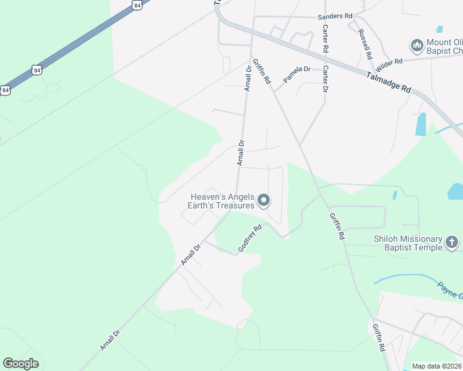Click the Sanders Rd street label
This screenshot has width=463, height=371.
335,16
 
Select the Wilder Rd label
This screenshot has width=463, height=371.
389,61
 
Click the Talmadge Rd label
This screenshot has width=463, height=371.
389,81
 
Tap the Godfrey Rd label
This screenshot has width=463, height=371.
250,238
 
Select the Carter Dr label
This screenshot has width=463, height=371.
324,80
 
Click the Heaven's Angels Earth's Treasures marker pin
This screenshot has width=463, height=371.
264,200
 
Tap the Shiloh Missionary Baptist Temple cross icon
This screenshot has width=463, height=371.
452,242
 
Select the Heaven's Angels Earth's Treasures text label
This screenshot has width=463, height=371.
222,201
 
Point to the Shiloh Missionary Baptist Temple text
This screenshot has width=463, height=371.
408,243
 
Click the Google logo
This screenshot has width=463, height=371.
20,364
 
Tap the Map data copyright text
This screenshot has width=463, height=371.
437,366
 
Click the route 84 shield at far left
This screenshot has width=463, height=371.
6,90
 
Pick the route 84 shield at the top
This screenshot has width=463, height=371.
136,5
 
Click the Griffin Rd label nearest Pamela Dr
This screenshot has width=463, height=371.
262,71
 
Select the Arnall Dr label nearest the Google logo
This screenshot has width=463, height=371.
110,339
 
